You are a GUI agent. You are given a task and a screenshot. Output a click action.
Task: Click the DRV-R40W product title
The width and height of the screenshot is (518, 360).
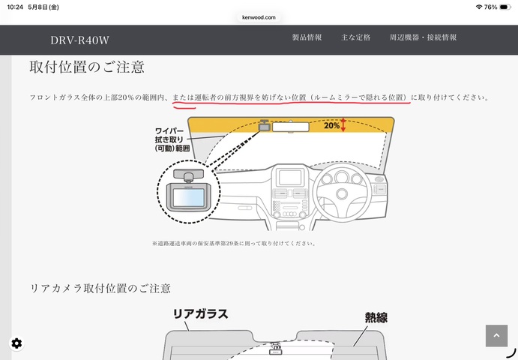click(x=79, y=40)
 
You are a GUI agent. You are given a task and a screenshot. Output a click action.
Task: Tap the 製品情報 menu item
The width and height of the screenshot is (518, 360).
click(x=307, y=37)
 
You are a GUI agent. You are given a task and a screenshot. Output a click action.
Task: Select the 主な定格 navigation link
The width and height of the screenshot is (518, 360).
click(x=355, y=37)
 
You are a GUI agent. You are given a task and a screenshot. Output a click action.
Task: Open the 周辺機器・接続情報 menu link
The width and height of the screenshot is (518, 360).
click(x=423, y=37)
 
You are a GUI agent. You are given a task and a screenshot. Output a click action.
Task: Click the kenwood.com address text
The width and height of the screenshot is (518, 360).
click(x=259, y=17)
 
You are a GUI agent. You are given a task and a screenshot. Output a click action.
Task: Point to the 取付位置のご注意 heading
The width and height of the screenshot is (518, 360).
click(x=87, y=67)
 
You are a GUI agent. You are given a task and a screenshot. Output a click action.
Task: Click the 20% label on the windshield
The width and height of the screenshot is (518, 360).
click(x=331, y=125)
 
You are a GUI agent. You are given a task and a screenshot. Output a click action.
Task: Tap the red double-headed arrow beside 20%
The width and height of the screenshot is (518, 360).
click(x=343, y=125)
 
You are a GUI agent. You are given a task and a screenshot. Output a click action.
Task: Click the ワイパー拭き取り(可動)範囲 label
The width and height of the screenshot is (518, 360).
click(x=172, y=139)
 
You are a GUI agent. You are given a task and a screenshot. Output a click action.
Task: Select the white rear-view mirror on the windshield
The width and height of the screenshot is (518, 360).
click(x=290, y=127)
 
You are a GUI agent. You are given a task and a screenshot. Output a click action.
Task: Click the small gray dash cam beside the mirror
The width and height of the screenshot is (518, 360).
click(x=265, y=125)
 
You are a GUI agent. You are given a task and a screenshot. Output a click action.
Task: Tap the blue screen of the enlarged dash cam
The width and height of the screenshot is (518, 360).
click(x=188, y=198)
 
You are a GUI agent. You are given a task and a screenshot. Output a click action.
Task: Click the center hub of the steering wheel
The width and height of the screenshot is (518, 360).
click(x=342, y=193)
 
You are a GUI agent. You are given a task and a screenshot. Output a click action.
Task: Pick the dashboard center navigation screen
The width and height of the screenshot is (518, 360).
click(x=290, y=178)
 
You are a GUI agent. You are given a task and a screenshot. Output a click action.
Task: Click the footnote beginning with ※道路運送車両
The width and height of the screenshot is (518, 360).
click(x=234, y=244)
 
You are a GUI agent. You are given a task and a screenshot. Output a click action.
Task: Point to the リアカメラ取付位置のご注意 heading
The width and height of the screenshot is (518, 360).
click(x=100, y=288)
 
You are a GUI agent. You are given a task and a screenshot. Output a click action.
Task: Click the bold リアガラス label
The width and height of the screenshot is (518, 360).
click(x=200, y=314)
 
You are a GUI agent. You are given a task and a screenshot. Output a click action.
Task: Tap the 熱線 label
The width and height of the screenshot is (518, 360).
click(x=376, y=318)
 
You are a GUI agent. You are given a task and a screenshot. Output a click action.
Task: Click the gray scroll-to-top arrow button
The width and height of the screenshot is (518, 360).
click(x=496, y=335)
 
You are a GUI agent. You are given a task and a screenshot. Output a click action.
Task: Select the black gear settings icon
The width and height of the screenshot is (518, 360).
click(x=16, y=343)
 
